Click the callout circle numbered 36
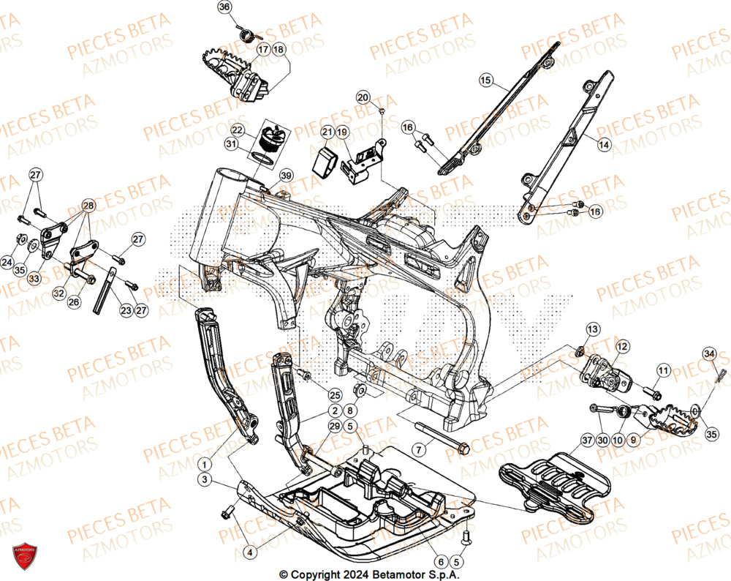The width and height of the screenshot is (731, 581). click(x=224, y=7)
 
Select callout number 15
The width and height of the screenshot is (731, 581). click(x=486, y=82)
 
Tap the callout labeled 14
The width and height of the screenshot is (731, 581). click(x=603, y=146)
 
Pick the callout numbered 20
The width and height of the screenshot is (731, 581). click(x=363, y=97)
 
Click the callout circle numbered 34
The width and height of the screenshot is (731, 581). click(x=708, y=354)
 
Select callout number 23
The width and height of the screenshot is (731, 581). click(x=126, y=310)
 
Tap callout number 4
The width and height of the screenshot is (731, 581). click(x=249, y=552)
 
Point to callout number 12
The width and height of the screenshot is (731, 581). click(x=621, y=346)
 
